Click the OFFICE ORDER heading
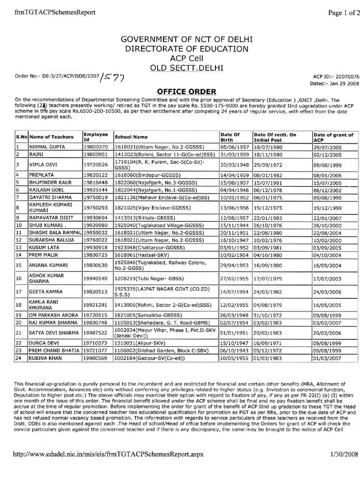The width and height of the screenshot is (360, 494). pyautogui.click(x=179, y=90)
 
